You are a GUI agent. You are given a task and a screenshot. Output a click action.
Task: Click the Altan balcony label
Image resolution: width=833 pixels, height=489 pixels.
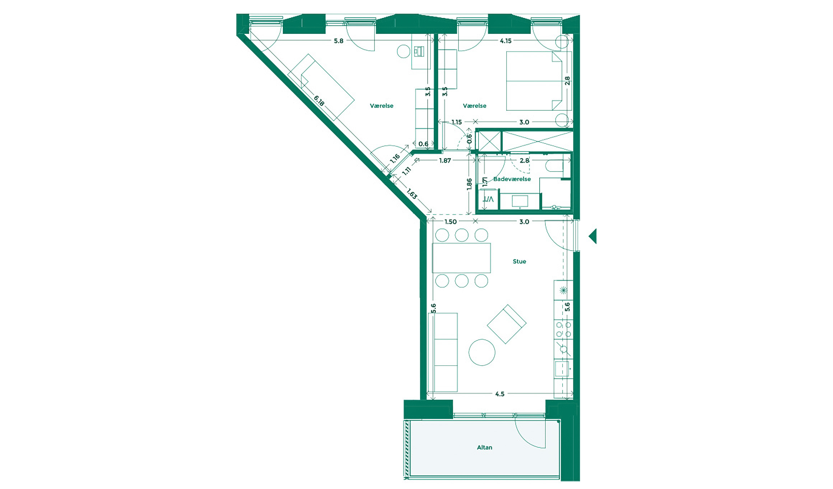coord(484,447)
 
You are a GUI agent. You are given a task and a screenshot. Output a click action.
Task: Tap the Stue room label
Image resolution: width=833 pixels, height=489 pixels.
coord(519,261)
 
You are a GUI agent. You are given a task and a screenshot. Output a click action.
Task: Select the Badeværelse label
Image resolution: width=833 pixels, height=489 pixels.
coord(512,179)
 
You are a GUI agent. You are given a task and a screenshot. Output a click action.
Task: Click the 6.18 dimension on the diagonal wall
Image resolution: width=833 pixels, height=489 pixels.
coord(319,101)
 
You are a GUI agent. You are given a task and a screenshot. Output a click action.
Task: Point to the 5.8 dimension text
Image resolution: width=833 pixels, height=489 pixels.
coord(338,41)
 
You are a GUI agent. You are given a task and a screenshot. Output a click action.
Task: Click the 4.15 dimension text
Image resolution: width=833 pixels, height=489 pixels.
coord(506,41)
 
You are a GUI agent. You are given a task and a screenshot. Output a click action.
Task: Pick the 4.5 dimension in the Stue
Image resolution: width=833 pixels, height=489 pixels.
coord(499,394)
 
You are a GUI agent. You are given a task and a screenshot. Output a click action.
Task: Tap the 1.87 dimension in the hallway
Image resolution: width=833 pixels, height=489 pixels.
coord(445,161)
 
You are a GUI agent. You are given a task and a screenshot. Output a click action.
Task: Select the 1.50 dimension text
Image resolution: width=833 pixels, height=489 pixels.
coord(450,222)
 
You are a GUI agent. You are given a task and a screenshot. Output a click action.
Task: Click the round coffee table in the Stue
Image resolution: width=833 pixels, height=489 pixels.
coord(481,352)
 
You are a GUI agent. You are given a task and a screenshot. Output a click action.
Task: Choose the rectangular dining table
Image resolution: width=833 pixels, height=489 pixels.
coord(461,258)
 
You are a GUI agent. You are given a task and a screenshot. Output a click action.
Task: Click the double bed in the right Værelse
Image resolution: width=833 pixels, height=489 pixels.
coord(534,81)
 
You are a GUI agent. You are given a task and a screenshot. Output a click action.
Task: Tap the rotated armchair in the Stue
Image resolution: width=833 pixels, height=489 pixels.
coord(506,324)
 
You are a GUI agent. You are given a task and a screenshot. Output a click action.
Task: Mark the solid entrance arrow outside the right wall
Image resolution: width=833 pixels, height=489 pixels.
coord(593,236)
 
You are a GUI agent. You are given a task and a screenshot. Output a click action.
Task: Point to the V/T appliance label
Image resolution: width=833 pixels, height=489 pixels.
coord(488,199)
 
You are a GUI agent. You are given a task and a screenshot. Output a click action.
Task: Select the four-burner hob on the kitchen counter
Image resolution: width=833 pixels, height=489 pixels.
coord(563,330)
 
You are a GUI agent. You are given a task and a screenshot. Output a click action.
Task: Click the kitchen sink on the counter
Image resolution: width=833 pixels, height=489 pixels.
coord(562,369)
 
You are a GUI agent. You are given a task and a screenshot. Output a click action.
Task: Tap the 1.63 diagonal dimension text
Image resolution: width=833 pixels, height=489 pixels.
coord(412,194)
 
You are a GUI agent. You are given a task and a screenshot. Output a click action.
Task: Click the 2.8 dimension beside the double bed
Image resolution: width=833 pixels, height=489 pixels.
coord(567,81)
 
